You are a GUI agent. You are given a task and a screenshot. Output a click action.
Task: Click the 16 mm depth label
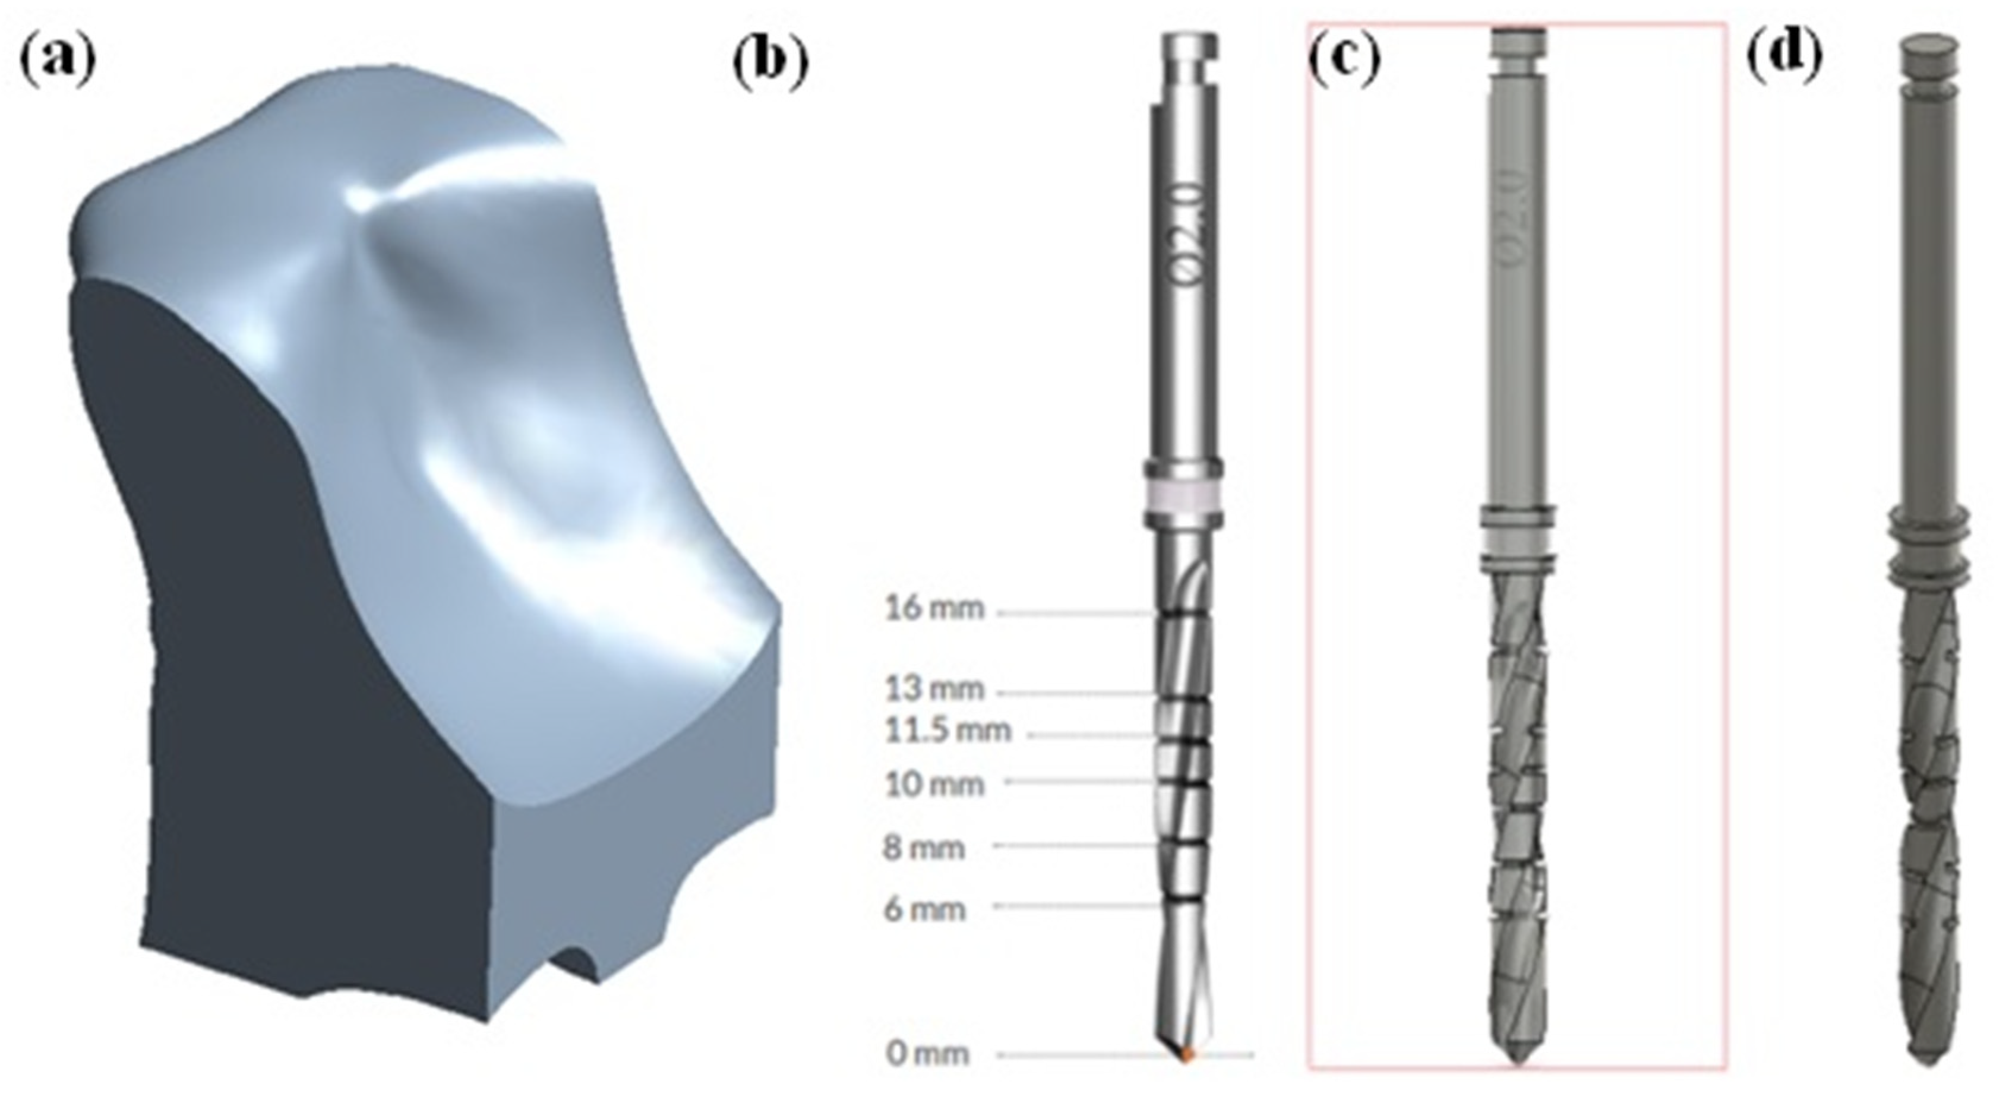click(934, 608)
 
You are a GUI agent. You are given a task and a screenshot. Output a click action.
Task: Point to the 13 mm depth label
click(934, 689)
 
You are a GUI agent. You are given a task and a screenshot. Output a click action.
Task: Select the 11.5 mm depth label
click(947, 731)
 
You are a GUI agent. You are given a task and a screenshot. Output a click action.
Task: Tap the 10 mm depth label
click(934, 784)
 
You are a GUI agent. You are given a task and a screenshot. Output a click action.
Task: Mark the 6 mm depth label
click(924, 909)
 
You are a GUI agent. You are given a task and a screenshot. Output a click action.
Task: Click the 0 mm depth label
click(927, 1054)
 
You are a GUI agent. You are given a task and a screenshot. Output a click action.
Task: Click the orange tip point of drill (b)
click(1187, 1055)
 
